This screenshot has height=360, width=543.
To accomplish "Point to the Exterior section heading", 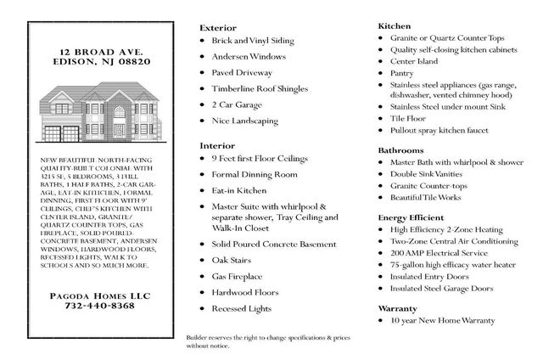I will tap(217, 27).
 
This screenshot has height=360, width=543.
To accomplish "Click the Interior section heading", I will tap(216, 146).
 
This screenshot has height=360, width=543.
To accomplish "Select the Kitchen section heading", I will tap(394, 25).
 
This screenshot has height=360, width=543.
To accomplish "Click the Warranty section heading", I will tap(398, 308).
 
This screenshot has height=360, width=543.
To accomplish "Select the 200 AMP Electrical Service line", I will tap(439, 253).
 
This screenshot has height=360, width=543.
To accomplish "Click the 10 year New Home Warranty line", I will tap(444, 322).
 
